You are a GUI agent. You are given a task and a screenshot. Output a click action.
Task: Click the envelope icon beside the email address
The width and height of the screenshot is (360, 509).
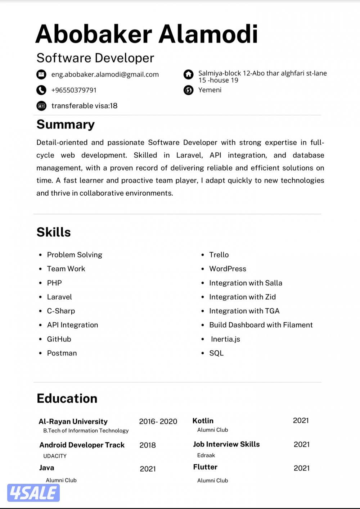pos(41,74)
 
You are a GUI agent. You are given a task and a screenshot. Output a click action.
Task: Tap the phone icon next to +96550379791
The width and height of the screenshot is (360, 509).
pos(41,90)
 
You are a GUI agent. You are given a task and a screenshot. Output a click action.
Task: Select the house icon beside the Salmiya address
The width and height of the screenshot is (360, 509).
pos(188,74)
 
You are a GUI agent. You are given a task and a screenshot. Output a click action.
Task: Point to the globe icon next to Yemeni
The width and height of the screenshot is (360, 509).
pos(188,90)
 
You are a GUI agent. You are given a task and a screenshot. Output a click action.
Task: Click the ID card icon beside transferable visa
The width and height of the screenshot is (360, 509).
pos(41,106)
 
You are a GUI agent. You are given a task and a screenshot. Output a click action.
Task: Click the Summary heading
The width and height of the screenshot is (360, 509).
pos(66,124)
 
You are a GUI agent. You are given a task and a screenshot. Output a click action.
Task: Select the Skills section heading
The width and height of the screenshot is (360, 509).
pos(54,232)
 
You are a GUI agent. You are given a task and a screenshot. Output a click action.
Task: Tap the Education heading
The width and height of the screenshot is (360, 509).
pos(67,399)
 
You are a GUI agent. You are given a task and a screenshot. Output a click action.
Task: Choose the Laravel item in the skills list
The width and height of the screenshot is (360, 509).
pos(59,297)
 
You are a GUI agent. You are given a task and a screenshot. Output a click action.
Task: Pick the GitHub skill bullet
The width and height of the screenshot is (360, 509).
pos(59,339)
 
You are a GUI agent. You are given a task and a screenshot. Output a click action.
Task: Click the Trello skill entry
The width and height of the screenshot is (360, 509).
pos(219,255)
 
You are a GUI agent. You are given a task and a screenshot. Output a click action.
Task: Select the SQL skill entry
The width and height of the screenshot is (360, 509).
pos(216,353)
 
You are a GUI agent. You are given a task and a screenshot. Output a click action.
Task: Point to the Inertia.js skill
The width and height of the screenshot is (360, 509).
pos(225,339)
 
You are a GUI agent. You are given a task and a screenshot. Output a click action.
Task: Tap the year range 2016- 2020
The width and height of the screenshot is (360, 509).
pos(158,422)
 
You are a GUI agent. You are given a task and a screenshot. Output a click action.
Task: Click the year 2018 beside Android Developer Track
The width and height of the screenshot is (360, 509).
pos(148,445)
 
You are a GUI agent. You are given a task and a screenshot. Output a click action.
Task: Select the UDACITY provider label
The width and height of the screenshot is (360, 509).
pos(55,456)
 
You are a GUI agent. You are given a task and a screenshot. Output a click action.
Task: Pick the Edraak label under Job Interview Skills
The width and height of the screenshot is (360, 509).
pos(206,455)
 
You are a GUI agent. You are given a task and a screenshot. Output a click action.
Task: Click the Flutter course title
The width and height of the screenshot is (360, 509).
pos(205,467)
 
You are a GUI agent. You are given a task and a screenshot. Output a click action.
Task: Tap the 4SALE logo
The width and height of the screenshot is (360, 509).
pos(33,493)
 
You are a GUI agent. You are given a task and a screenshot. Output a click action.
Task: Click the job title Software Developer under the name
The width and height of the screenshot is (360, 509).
pos(95,58)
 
